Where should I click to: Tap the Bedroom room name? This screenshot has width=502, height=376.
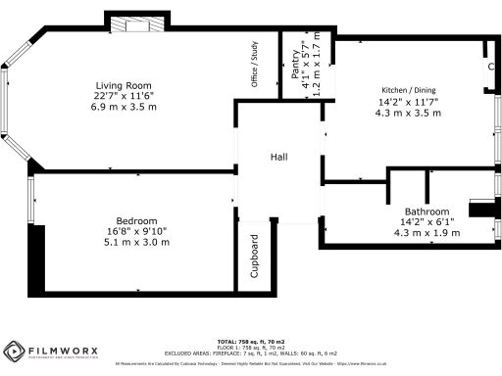point(124,220)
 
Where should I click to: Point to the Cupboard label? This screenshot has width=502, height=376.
point(253,257)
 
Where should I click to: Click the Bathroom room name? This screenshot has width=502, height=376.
point(427,211)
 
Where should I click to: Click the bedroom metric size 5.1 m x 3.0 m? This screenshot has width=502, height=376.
point(124,241)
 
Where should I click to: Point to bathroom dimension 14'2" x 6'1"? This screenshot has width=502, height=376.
point(427,221)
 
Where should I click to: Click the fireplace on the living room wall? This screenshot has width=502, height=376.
point(125,24)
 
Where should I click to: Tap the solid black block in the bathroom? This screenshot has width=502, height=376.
point(483,208)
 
